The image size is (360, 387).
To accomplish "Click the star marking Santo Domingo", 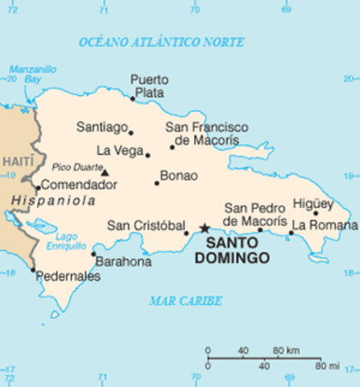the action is (x=205, y=228).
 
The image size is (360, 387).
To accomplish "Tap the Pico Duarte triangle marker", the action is (x=104, y=172).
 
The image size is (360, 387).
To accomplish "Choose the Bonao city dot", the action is (x=157, y=183).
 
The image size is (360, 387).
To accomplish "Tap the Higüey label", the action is (x=313, y=203).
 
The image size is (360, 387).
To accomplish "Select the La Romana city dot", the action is (x=292, y=233).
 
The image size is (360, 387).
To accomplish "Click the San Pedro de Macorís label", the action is (x=254, y=214).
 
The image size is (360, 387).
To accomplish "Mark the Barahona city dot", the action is (x=93, y=254).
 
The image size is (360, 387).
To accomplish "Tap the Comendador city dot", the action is (x=37, y=188).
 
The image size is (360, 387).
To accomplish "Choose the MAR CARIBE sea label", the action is (x=185, y=301).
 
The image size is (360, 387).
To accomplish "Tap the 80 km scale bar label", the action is (x=287, y=351).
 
